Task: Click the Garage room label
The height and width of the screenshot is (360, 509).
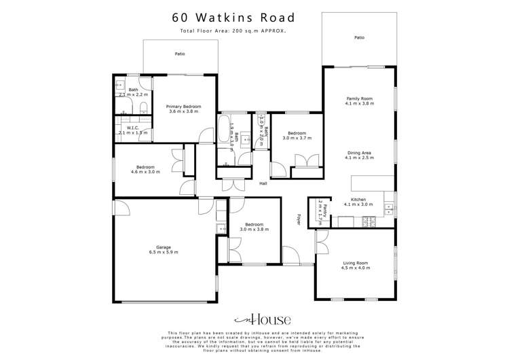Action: pyautogui.click(x=164, y=249)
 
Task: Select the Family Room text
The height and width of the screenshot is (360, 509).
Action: pyautogui.click(x=359, y=101)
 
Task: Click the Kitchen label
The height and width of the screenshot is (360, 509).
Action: pyautogui.click(x=358, y=201)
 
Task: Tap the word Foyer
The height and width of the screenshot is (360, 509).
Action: pyautogui.click(x=299, y=219)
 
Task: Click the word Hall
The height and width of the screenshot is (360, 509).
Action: pyautogui.click(x=263, y=183)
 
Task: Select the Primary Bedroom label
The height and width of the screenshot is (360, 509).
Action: pyautogui.click(x=185, y=109)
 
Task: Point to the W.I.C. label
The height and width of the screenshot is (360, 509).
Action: pyautogui.click(x=132, y=129)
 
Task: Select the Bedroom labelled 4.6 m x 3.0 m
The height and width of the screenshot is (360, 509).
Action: pyautogui.click(x=145, y=169)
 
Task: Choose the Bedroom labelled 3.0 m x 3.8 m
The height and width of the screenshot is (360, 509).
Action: pyautogui.click(x=254, y=226)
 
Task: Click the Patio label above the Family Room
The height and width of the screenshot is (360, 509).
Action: pyautogui.click(x=359, y=38)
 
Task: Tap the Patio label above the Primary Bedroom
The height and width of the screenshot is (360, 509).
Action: pyautogui.click(x=180, y=53)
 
